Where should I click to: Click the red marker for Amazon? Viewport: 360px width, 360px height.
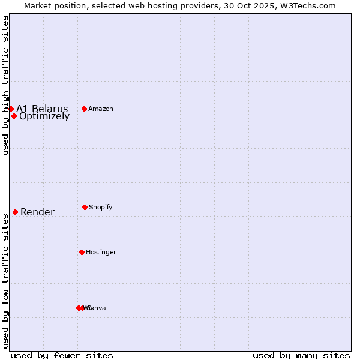(85, 109)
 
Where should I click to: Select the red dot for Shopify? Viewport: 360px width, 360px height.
(85, 207)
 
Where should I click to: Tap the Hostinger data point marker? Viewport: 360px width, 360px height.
(82, 252)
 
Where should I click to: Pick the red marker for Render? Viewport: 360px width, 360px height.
(15, 212)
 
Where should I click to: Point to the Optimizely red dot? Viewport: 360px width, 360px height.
(14, 116)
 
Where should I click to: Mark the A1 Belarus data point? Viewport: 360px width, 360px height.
(11, 109)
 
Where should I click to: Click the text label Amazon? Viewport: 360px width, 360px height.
(101, 109)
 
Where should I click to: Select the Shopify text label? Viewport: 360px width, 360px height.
(101, 207)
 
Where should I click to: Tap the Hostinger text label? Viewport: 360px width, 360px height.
(101, 252)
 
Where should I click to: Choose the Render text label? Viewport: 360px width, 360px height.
(37, 212)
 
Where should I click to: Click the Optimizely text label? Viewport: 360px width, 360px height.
(44, 116)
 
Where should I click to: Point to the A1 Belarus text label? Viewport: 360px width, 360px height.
(42, 109)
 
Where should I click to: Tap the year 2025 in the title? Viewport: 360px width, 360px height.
(266, 5)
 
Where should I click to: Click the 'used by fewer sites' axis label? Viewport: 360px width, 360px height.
(62, 355)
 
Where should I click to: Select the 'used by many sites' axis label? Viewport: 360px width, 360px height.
(301, 355)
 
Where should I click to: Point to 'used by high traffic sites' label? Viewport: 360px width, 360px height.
(5, 85)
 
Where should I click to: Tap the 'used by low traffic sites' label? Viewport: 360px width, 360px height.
(5, 281)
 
